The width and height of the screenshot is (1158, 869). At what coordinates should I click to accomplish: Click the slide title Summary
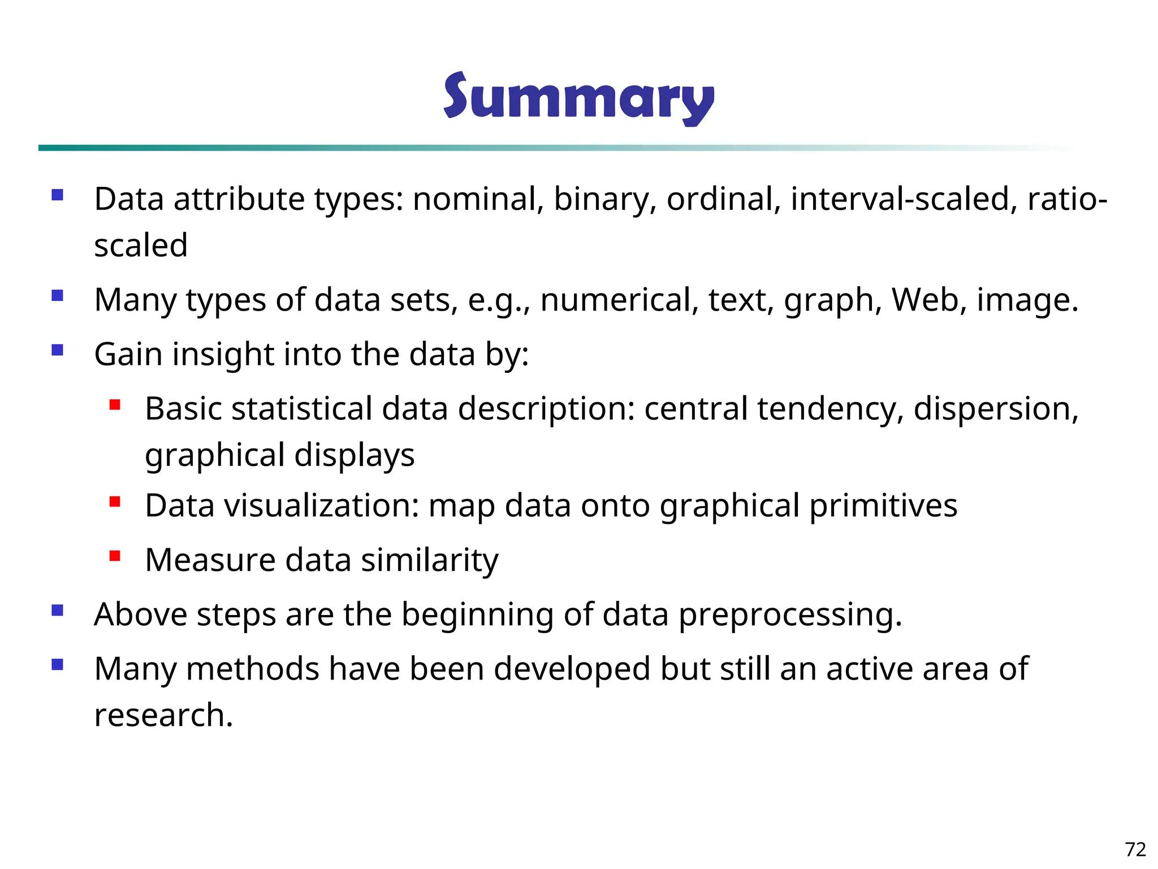(578, 97)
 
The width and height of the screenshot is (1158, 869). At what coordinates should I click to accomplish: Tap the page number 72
(1135, 849)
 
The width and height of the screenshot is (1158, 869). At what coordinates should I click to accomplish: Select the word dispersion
(996, 408)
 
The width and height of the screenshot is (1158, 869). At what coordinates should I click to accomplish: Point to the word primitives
(883, 505)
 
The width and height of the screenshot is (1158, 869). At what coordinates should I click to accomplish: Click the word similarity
(430, 560)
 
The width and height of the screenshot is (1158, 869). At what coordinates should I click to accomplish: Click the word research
(163, 715)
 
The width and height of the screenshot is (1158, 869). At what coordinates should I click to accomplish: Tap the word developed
(572, 669)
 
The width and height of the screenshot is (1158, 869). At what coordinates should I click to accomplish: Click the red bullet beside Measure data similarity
(115, 556)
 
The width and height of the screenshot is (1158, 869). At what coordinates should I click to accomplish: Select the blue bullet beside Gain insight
(57, 350)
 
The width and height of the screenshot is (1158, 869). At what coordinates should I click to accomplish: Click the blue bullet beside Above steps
(57, 610)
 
